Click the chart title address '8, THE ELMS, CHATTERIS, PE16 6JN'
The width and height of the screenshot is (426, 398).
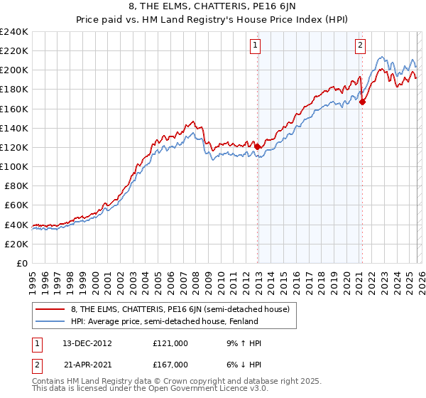pyautogui.click(x=213, y=8)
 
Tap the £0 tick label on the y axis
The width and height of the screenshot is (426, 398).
pyautogui.click(x=21, y=263)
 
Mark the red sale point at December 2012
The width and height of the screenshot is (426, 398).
pyautogui.click(x=258, y=147)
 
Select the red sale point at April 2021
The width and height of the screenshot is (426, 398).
pyautogui.click(x=362, y=102)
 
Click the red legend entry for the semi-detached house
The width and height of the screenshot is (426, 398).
pyautogui.click(x=178, y=309)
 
